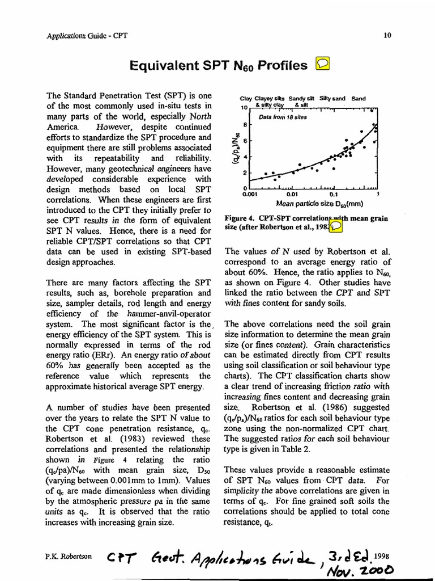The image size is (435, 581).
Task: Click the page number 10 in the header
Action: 387,35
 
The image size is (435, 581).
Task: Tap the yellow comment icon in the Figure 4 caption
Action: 336,226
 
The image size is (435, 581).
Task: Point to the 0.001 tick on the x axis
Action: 249,193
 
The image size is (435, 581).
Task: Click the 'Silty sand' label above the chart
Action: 332,98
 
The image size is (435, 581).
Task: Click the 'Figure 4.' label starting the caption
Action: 240,217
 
